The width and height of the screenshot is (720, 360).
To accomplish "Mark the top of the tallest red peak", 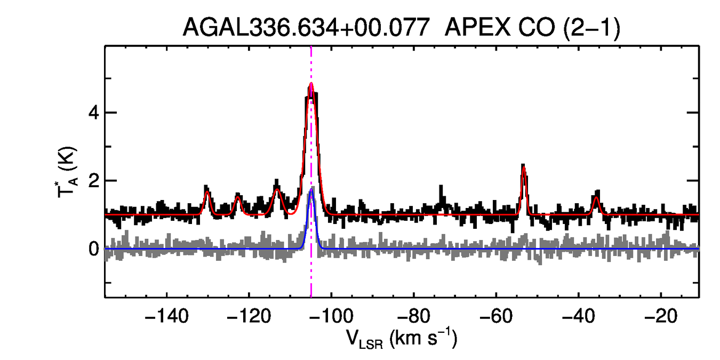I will [x=311, y=84].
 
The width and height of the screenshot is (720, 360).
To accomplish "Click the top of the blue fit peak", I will [x=311, y=190].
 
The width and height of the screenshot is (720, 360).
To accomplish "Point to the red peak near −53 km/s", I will [x=524, y=167].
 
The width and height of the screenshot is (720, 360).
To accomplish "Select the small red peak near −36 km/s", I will [x=596, y=198].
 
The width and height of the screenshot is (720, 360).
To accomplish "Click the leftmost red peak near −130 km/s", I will [x=207, y=192].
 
